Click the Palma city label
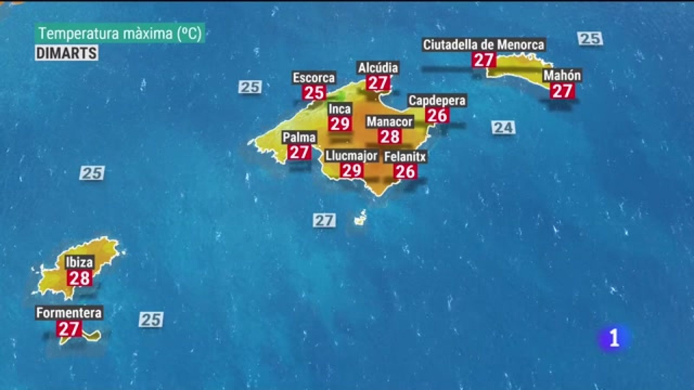point(299,137)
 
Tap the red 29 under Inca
point(340,124)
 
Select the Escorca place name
point(314,78)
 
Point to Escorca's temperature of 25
point(314,93)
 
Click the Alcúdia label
point(378,68)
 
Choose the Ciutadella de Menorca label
point(483,45)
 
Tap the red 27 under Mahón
point(562,91)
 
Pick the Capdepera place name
point(437,101)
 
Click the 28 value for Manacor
point(390,137)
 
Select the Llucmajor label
point(351,156)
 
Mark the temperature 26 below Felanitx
point(405,172)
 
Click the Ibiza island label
point(79,262)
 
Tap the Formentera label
point(69,313)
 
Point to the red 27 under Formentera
point(69,329)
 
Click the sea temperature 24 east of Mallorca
point(503,128)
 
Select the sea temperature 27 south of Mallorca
point(324,221)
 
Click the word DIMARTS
point(66,53)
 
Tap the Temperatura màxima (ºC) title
point(120,33)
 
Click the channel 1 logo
point(614,338)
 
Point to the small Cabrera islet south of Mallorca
point(360,219)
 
